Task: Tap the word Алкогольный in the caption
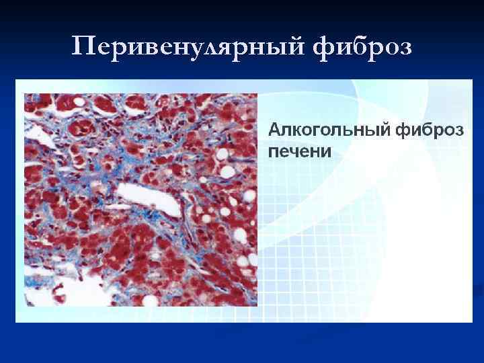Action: [330, 130]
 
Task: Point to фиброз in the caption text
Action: [430, 130]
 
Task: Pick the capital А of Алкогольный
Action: [275, 129]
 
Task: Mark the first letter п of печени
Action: [274, 151]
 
